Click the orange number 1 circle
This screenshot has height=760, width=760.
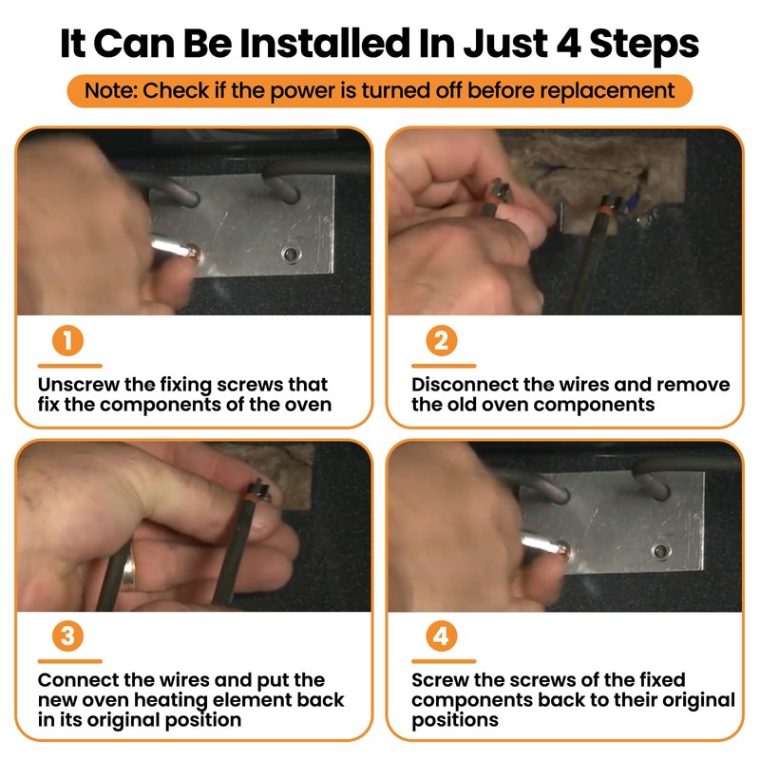click(67, 340)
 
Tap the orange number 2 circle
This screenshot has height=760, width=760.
click(442, 340)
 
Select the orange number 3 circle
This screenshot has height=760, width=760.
click(67, 636)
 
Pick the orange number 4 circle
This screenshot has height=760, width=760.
click(442, 636)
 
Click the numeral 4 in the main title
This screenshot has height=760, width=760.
click(568, 44)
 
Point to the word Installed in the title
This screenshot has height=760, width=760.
click(326, 44)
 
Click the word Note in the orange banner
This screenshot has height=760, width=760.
click(111, 90)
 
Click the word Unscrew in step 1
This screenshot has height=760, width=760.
click(78, 385)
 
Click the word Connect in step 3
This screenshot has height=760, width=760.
click(78, 680)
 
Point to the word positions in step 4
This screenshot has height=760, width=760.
click(455, 721)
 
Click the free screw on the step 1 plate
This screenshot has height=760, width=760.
click(291, 254)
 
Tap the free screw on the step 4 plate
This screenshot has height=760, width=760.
click(660, 551)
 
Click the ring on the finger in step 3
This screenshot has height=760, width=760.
click(128, 574)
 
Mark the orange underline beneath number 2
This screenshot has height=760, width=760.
click(444, 366)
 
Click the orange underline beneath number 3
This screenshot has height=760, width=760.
click(69, 661)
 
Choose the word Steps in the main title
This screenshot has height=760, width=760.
click(644, 45)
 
